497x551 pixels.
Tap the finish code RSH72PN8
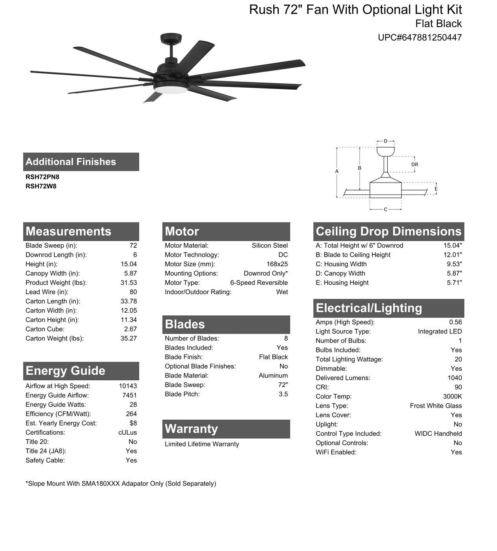click(42, 177)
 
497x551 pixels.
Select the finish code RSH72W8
click(41, 186)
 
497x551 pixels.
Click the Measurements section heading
click(68, 231)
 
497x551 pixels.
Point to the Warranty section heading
click(191, 429)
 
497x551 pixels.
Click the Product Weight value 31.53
click(129, 283)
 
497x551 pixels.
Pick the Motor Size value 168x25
click(277, 264)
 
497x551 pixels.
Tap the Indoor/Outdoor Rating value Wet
click(282, 292)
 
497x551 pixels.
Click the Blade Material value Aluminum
click(273, 376)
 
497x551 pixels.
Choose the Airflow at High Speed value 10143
click(128, 386)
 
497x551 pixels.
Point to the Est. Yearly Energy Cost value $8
click(133, 423)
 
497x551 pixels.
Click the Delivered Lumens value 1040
click(455, 378)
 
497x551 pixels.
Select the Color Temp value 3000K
click(452, 396)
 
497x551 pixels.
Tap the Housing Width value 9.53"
click(454, 264)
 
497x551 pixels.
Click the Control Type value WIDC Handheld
click(438, 434)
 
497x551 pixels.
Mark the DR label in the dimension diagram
click(414, 165)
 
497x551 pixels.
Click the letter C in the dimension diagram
click(385, 209)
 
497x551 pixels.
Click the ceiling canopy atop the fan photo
click(171, 39)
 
